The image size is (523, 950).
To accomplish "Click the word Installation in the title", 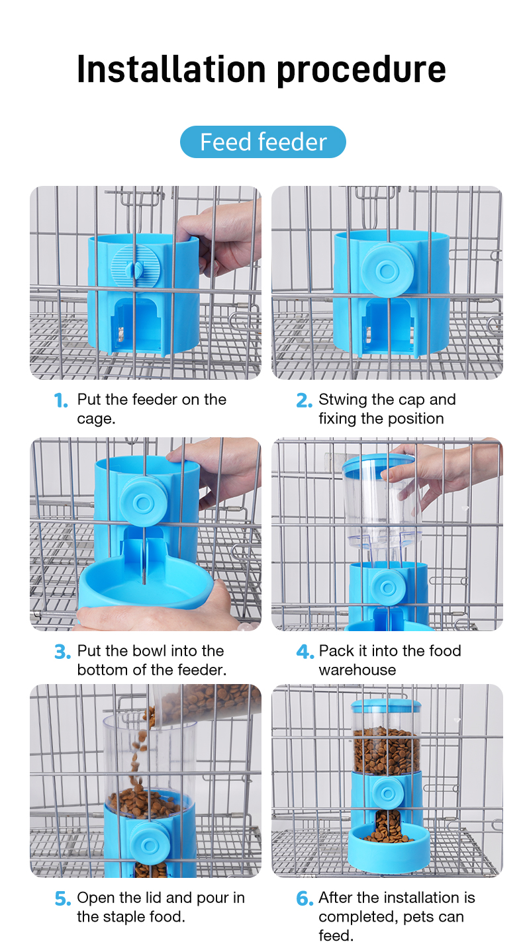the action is (171, 69).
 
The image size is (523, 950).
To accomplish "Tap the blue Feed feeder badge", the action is (263, 142).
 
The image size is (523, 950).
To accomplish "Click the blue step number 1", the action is (61, 400).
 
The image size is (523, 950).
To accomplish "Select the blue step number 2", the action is (304, 400).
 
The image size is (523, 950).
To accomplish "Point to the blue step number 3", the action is (62, 652).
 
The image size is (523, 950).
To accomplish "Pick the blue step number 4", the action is (305, 652).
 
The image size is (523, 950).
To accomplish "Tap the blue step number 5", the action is (63, 898).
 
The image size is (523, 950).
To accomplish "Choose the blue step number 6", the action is (305, 898).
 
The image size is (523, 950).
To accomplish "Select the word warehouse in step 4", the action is (357, 670).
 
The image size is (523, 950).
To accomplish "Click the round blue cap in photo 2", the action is (387, 270).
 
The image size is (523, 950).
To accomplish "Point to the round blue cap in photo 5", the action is (150, 845).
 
